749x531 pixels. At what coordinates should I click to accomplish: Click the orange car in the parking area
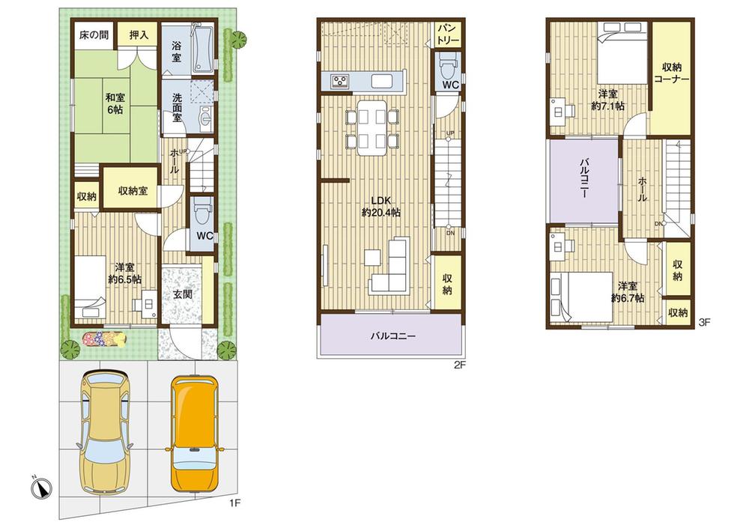(194, 432)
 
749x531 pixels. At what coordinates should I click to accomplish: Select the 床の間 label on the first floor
(94, 35)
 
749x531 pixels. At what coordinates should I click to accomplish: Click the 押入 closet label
(139, 35)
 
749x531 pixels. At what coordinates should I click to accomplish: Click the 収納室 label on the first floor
(133, 190)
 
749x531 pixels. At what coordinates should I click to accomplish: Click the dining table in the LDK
(372, 127)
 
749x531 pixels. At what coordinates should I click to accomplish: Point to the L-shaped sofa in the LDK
(390, 270)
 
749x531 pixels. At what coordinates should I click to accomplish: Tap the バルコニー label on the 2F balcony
(392, 336)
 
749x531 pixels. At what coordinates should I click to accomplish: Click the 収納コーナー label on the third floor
(670, 73)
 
